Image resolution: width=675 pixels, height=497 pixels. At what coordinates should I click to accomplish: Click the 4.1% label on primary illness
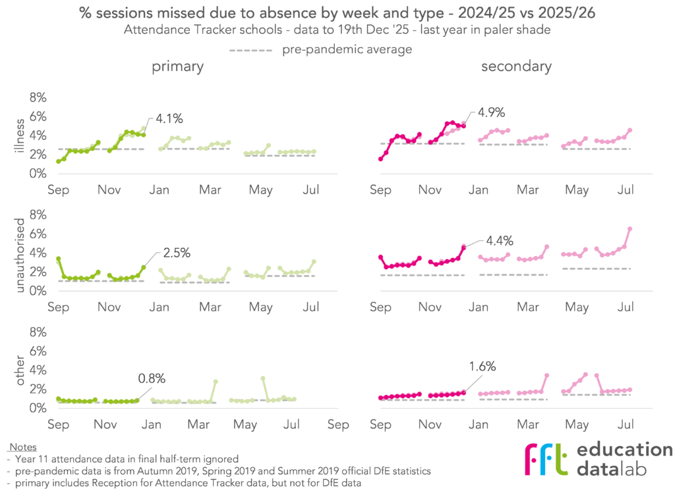[169, 119]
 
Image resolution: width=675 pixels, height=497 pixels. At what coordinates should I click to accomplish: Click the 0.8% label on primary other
[151, 379]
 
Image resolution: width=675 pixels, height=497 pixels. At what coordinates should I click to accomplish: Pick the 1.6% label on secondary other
[483, 366]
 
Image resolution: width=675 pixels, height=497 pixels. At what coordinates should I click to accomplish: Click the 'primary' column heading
[177, 66]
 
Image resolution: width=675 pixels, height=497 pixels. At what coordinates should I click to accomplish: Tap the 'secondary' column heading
[516, 66]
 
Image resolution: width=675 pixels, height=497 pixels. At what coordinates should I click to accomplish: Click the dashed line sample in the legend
[250, 50]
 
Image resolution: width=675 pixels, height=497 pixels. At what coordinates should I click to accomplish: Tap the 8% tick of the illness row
[38, 97]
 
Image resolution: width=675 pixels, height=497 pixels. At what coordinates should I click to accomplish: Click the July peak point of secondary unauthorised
[630, 228]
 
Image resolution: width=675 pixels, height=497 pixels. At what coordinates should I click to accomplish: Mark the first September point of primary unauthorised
[59, 259]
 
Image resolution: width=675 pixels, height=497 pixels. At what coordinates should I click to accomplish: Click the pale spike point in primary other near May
[262, 379]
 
